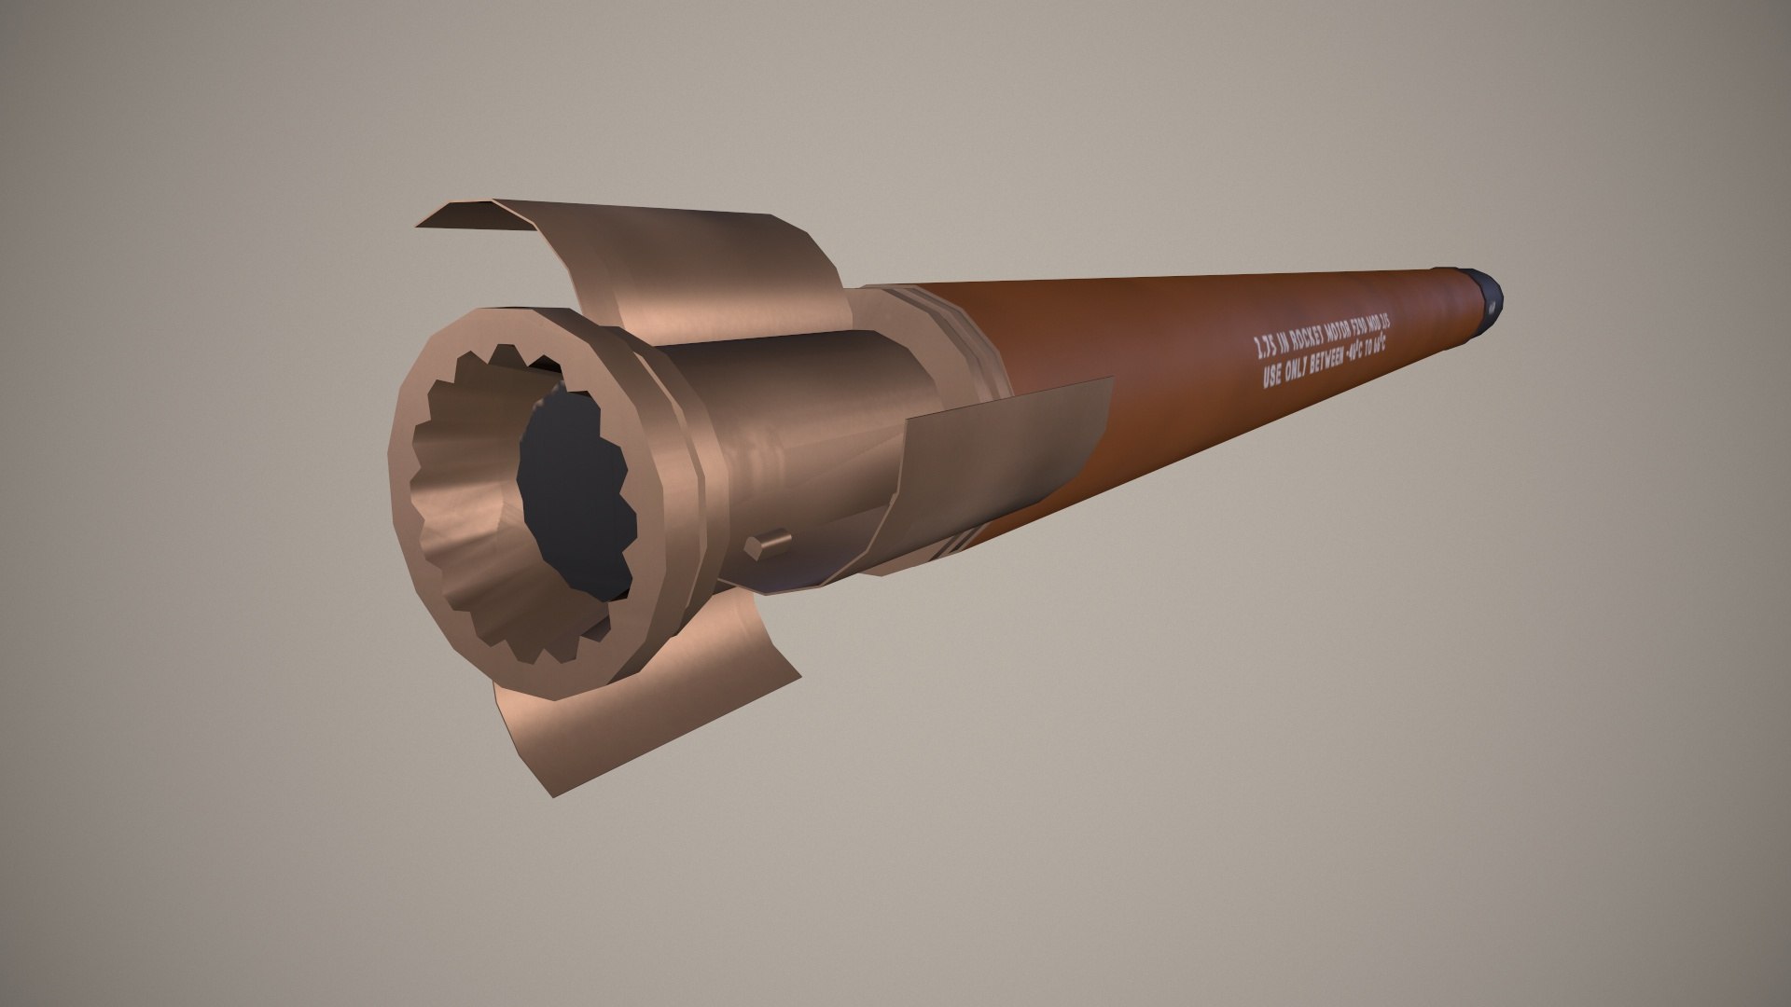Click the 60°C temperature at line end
1378,347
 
